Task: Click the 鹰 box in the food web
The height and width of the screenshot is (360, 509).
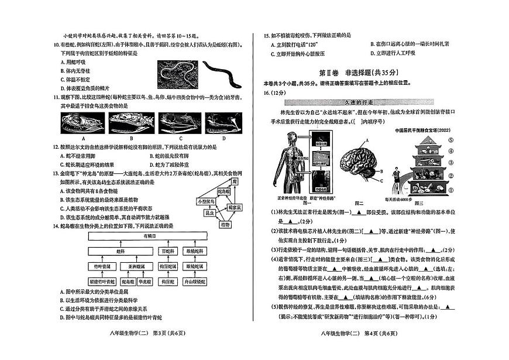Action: tap(234, 183)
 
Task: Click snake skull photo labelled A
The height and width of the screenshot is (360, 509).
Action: tap(81, 125)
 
